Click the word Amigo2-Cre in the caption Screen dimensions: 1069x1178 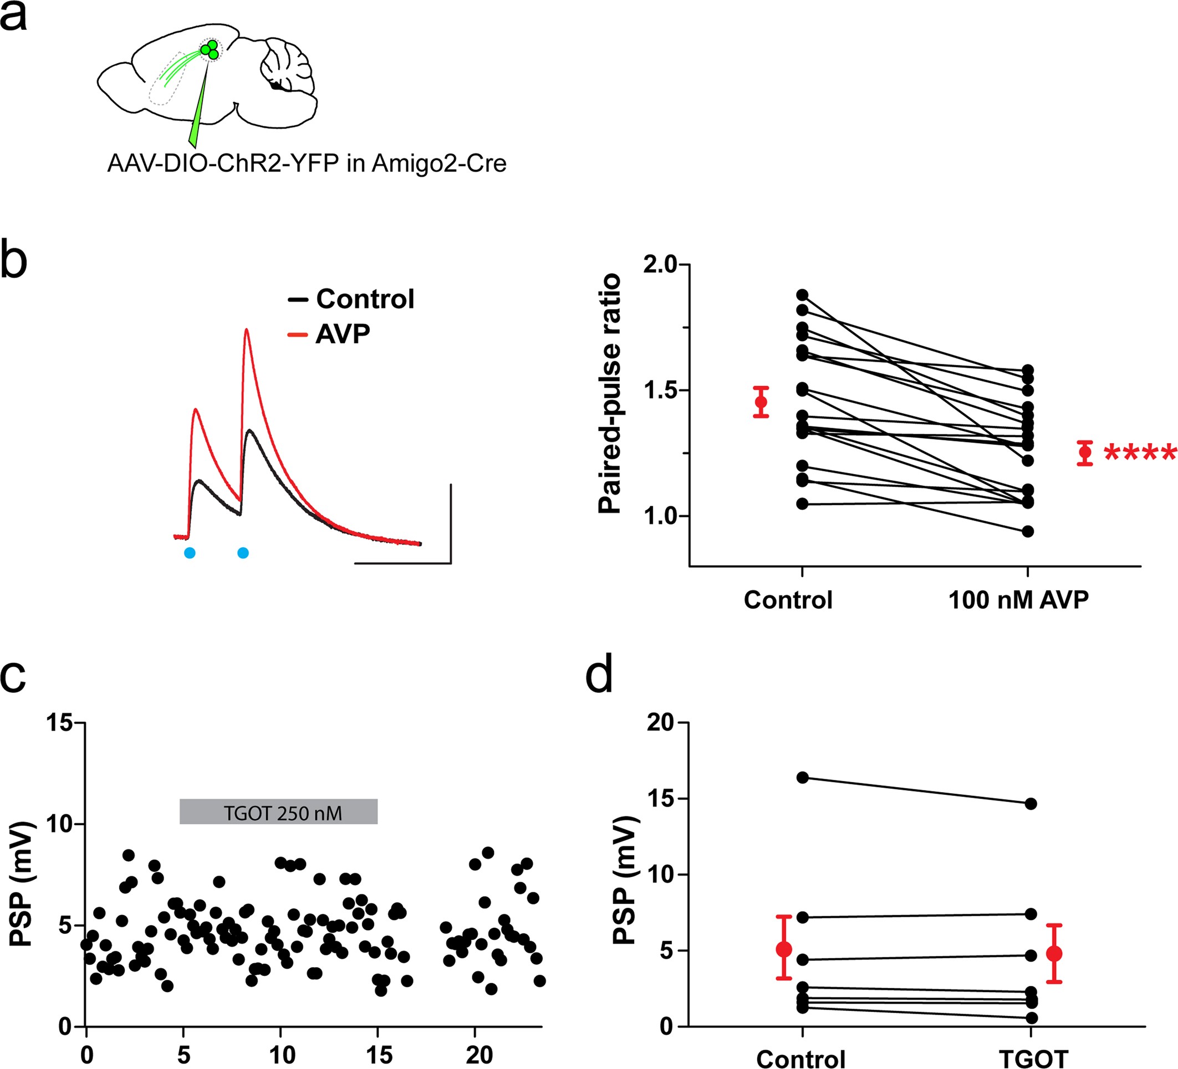click(x=439, y=164)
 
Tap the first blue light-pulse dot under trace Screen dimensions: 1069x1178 click(x=190, y=553)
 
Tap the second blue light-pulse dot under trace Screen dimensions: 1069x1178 click(x=243, y=553)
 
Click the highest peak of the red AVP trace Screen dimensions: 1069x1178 click(x=247, y=330)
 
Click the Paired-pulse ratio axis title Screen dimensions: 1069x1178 click(x=610, y=393)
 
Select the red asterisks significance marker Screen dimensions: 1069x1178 click(x=1139, y=453)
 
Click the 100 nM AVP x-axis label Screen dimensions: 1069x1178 click(x=1018, y=600)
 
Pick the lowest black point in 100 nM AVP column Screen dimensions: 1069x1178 click(x=1028, y=531)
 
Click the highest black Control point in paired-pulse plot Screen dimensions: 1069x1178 click(x=802, y=295)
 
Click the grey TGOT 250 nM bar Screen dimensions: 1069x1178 click(x=279, y=811)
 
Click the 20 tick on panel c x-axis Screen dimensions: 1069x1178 click(x=478, y=1055)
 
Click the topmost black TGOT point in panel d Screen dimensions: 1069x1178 click(x=1031, y=804)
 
